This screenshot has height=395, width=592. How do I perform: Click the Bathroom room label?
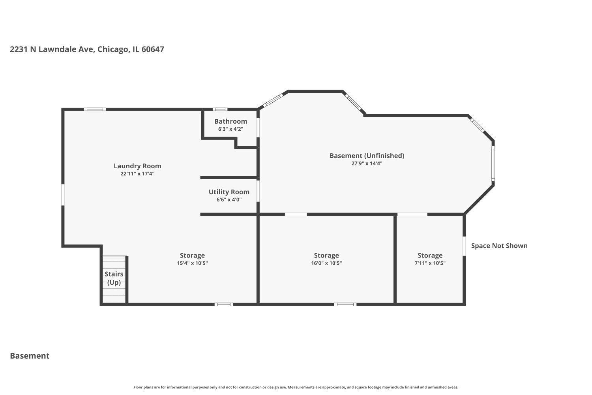coord(230,121)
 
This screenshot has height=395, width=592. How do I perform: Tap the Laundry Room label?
coord(137,166)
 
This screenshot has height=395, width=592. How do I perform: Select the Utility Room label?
coord(229,192)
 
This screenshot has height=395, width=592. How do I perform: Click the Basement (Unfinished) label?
coord(367,156)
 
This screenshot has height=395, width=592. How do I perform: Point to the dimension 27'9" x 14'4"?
coord(367,164)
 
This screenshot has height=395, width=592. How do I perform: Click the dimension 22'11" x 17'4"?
coord(137,174)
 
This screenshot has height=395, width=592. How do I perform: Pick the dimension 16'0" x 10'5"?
coord(326,263)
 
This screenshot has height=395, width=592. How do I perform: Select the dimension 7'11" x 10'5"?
coord(430,263)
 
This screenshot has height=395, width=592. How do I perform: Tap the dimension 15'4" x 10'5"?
coord(192,263)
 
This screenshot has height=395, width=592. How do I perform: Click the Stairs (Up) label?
coord(114,278)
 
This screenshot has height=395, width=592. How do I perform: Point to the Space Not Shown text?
coord(499,246)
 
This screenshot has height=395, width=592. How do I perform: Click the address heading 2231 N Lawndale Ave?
coord(87,49)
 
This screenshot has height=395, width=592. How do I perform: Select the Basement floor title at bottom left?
coord(30,356)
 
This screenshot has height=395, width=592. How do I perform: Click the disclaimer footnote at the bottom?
coord(296,387)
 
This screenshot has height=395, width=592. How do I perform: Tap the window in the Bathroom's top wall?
coord(220,109)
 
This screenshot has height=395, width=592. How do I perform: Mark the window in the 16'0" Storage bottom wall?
coord(345,304)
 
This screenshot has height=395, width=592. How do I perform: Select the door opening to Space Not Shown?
coord(464,246)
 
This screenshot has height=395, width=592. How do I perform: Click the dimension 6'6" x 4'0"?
coord(229,200)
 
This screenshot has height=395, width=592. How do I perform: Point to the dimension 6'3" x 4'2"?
coord(230,129)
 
